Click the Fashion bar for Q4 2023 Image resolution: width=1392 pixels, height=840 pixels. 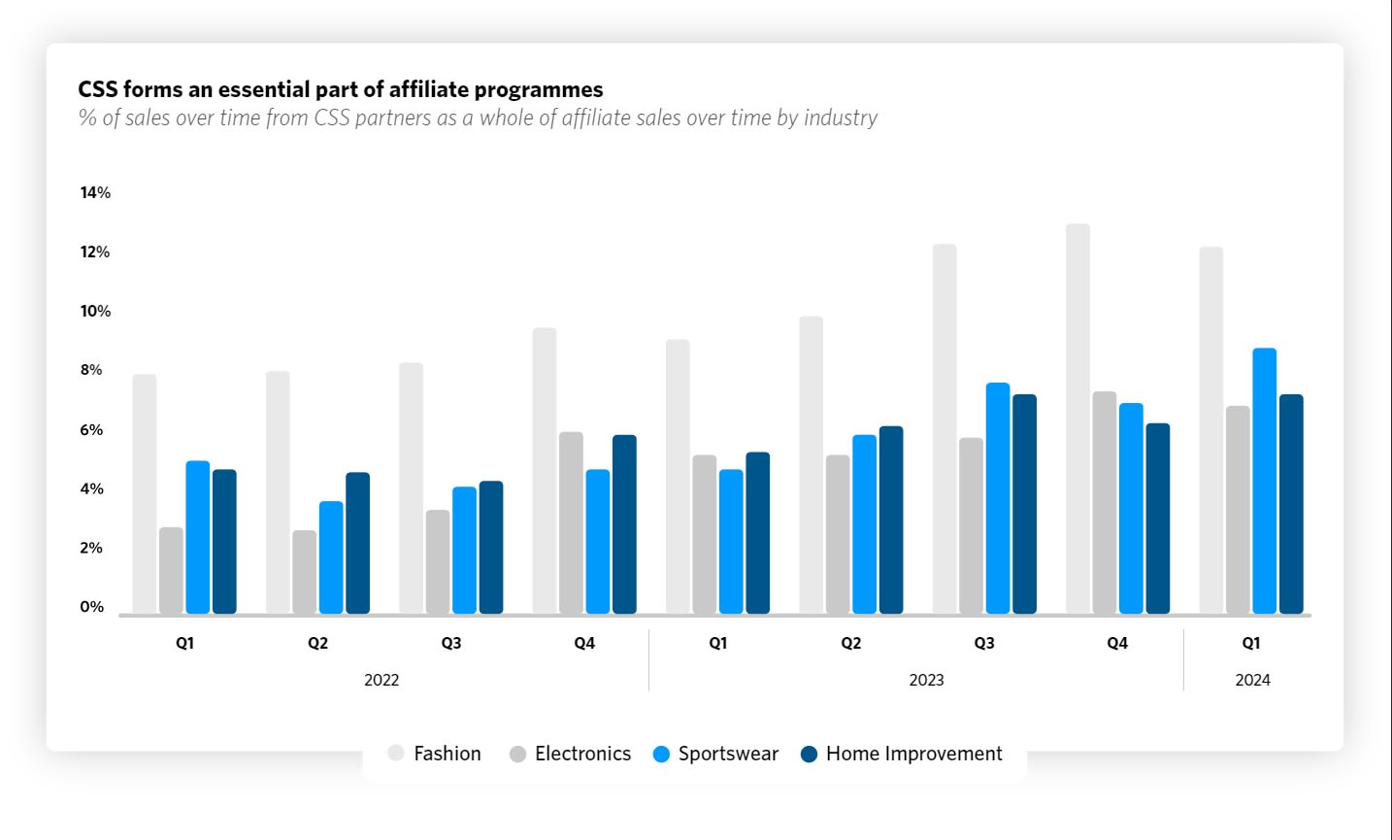(x=1077, y=419)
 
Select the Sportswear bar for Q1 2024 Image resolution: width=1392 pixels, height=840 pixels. (x=1264, y=481)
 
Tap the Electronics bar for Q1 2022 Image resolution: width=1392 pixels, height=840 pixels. (x=171, y=571)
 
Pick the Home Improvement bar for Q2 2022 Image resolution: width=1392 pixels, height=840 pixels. (x=357, y=543)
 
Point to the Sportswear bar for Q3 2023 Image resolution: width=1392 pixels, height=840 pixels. (x=998, y=498)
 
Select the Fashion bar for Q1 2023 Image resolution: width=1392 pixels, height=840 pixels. (x=678, y=477)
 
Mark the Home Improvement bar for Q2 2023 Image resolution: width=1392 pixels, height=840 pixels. (x=891, y=520)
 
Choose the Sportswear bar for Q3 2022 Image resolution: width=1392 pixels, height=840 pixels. (x=464, y=550)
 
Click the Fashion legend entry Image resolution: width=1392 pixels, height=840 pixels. (x=434, y=754)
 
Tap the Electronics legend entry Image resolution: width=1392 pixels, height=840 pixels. (x=570, y=754)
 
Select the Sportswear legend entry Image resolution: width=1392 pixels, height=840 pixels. (x=716, y=754)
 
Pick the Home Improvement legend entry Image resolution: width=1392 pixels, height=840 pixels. (x=902, y=754)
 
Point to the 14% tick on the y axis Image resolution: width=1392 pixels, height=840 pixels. (x=95, y=192)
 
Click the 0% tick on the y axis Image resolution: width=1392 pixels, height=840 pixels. (x=92, y=607)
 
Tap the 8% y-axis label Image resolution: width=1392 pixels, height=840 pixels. (x=91, y=370)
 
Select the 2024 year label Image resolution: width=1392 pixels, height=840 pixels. (x=1252, y=680)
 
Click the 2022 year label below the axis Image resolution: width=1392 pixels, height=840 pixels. (x=381, y=680)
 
